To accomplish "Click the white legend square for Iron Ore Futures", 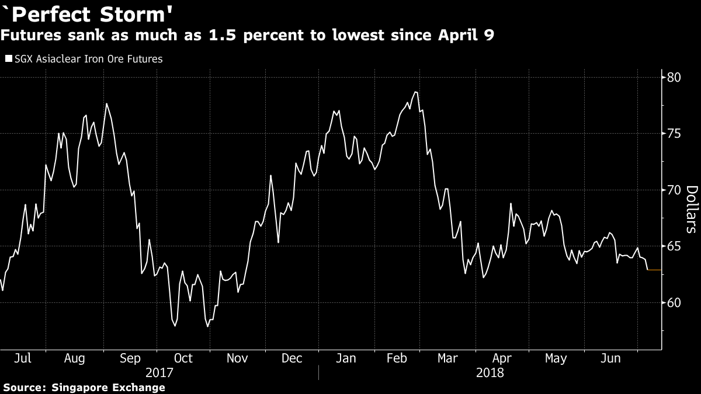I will point(7,59).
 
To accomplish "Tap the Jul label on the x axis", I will point(22,358).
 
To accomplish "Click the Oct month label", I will point(183,358).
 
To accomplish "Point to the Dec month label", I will point(291,358).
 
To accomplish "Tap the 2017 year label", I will point(159,372).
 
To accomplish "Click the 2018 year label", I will point(490,372).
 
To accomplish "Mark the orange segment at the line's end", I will point(654,270).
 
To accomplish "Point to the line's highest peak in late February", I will point(415,92).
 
